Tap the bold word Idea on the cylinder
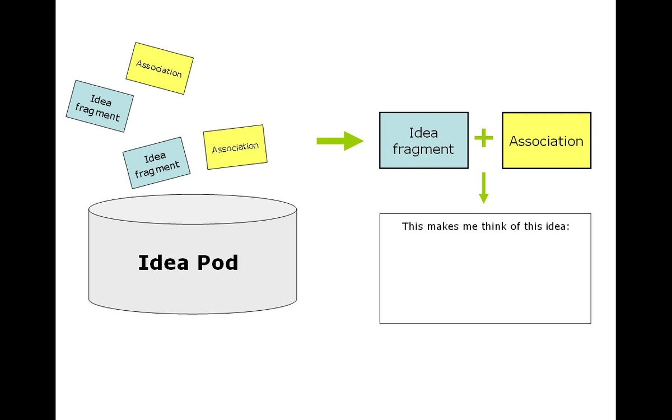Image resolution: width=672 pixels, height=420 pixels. (159, 263)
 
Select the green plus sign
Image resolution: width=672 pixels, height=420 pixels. (484, 138)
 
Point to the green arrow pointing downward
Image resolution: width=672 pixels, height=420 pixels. (484, 188)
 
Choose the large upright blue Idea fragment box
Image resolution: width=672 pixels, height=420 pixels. (423, 141)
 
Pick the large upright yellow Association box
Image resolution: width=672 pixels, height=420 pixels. (546, 141)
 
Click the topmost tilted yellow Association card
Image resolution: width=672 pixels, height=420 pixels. (160, 68)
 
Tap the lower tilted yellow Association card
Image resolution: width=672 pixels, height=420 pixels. (235, 147)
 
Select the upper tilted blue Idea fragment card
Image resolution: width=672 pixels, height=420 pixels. (99, 106)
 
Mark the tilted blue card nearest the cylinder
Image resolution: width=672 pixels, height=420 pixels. (156, 162)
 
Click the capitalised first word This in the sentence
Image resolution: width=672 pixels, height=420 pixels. (413, 227)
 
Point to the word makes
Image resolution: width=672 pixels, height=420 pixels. (444, 227)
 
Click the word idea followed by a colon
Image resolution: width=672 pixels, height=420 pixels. (557, 227)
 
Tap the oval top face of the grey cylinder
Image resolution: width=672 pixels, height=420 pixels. (193, 209)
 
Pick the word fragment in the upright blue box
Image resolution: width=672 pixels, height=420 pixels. (423, 150)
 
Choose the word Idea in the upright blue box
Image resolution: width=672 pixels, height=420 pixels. (423, 133)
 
